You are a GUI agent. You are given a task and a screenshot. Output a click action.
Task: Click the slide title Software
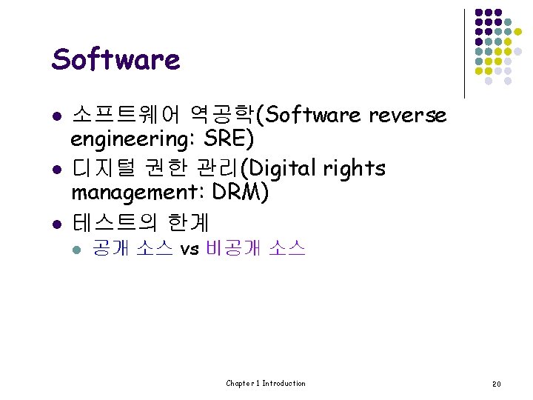point(115,60)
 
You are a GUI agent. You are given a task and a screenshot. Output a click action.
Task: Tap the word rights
point(354,169)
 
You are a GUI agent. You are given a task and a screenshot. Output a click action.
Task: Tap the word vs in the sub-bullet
point(190,250)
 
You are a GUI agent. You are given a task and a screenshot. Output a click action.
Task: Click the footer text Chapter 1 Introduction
point(266,383)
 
